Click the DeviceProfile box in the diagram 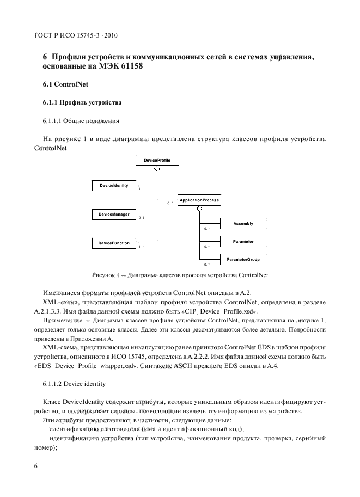click(x=157, y=161)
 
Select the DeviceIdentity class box click(x=114, y=186)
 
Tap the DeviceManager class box click(x=114, y=214)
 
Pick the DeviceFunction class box click(x=114, y=243)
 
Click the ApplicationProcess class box click(x=199, y=200)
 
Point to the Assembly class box click(x=243, y=224)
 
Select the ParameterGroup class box click(x=243, y=260)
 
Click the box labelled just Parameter click(x=243, y=241)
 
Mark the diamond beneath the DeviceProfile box click(x=157, y=170)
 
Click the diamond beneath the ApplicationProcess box click(x=199, y=209)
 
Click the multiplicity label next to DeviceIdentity click(x=139, y=189)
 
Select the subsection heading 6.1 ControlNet click(x=62, y=85)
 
